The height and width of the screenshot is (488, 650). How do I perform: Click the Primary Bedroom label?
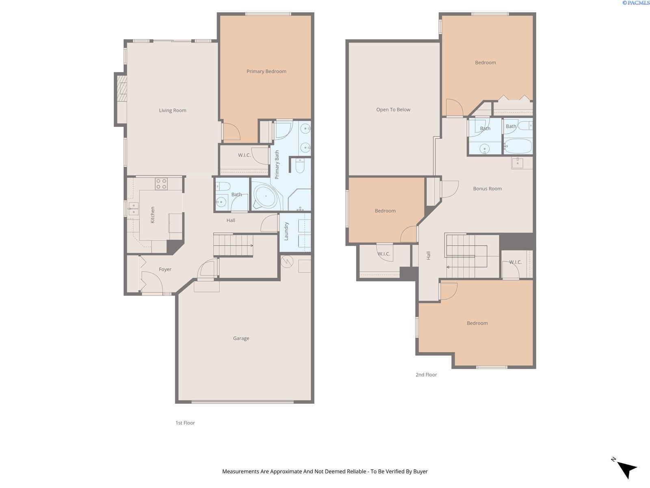pos(266,72)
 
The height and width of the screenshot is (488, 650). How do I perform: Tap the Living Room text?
pos(172,111)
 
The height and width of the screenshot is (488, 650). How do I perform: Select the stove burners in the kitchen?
pos(161,184)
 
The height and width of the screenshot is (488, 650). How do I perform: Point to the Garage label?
pos(241,338)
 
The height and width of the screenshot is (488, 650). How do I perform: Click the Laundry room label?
pos(286,231)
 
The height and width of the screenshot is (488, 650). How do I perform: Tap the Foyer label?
pos(165,270)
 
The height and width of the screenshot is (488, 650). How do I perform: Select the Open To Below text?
pos(393,110)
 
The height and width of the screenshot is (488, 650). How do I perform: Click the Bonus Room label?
pos(487,189)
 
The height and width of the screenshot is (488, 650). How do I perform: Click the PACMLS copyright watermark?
pos(635,3)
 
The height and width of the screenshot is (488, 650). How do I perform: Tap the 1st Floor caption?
pos(185,423)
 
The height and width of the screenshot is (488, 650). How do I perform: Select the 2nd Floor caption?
pos(426,375)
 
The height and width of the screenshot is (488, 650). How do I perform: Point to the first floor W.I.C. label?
pos(244,155)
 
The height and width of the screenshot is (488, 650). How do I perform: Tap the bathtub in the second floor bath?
pos(518,146)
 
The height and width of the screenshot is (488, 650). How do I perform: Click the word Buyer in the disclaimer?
pos(420,472)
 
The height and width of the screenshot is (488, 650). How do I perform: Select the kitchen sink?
pos(132,208)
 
